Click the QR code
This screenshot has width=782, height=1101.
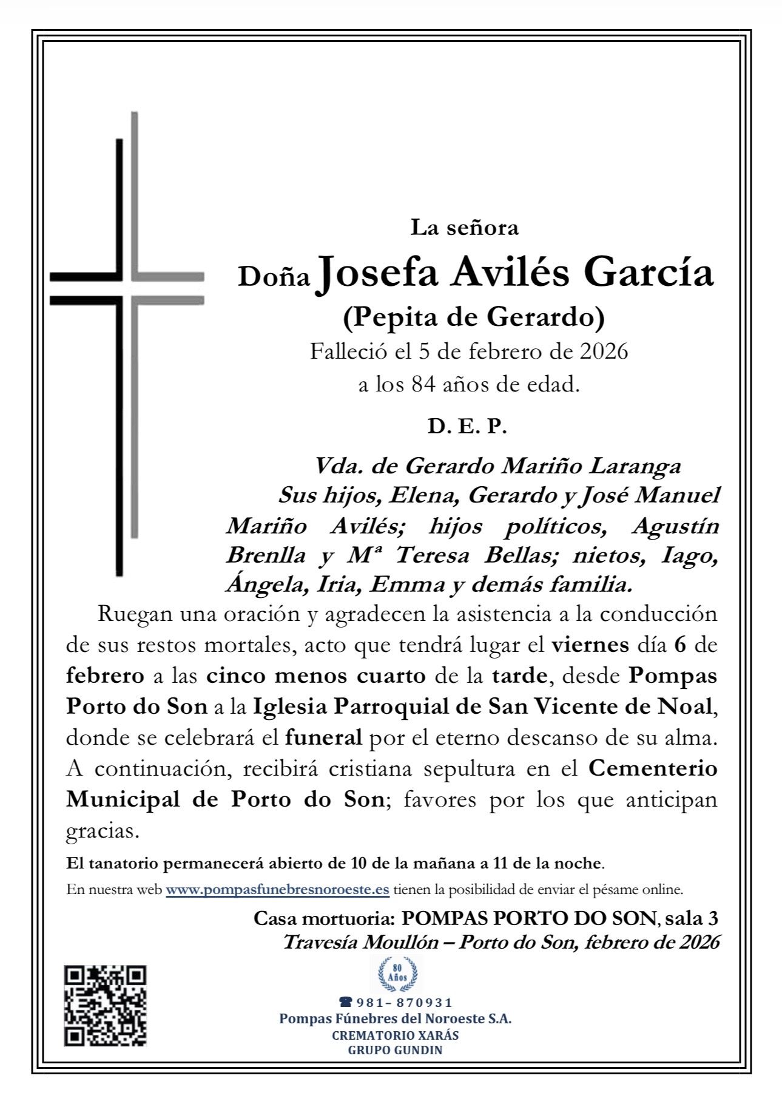point(106,1006)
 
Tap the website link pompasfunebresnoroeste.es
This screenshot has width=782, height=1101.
point(277,890)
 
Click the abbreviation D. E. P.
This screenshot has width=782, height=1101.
point(467,427)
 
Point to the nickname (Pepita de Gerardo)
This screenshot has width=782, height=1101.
point(474,317)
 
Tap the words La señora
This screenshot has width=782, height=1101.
point(465,228)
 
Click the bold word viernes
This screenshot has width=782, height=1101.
point(590,645)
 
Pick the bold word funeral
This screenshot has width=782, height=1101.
point(323,738)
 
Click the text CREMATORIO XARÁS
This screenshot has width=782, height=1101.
point(395,1035)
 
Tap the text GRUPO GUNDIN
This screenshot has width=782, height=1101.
point(395,1050)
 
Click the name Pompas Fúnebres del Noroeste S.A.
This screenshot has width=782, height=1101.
point(395,1019)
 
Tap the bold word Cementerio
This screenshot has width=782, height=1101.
point(653,768)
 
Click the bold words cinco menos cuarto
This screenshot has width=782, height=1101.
point(315,676)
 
